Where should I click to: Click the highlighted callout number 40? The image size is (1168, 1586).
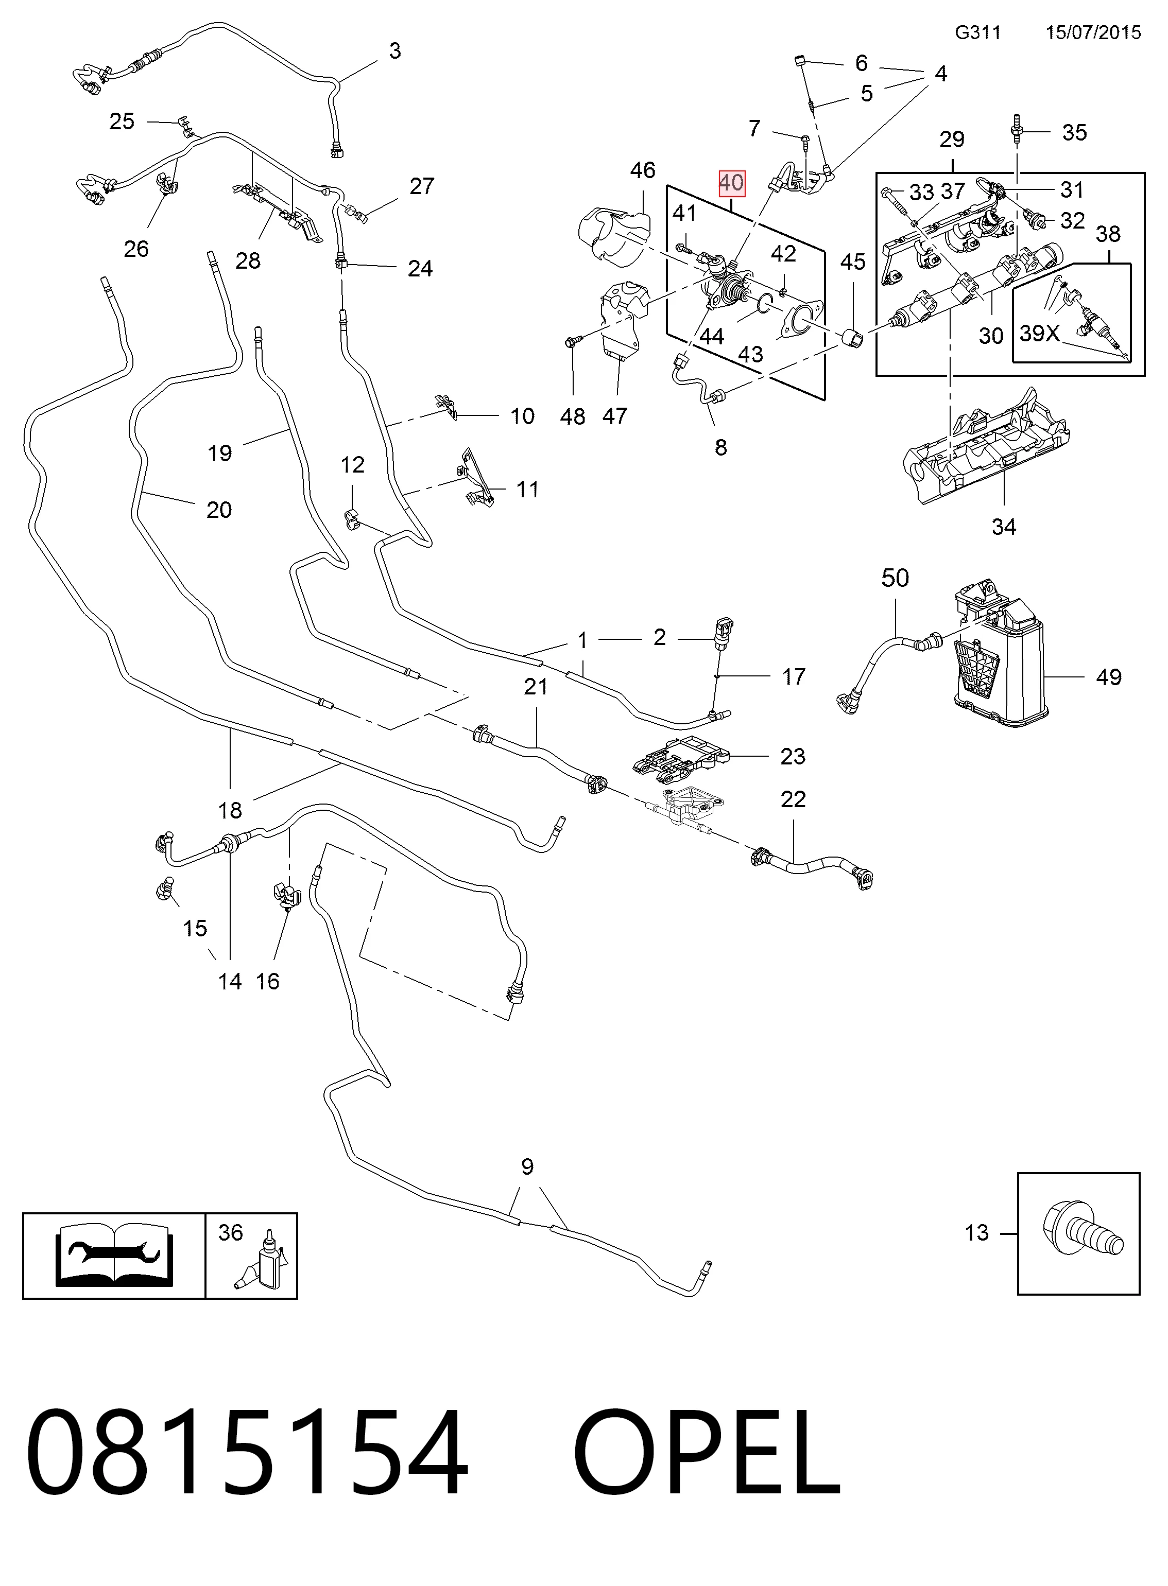click(731, 183)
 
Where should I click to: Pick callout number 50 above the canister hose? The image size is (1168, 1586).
click(895, 578)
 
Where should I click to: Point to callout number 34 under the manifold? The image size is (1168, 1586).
click(1004, 527)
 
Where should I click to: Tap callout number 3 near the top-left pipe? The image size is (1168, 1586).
click(395, 51)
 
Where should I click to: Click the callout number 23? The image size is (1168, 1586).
click(793, 756)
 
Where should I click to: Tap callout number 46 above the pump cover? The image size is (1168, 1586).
click(643, 170)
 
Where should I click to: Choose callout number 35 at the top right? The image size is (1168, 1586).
click(1074, 132)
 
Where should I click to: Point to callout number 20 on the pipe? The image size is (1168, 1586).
click(219, 510)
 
